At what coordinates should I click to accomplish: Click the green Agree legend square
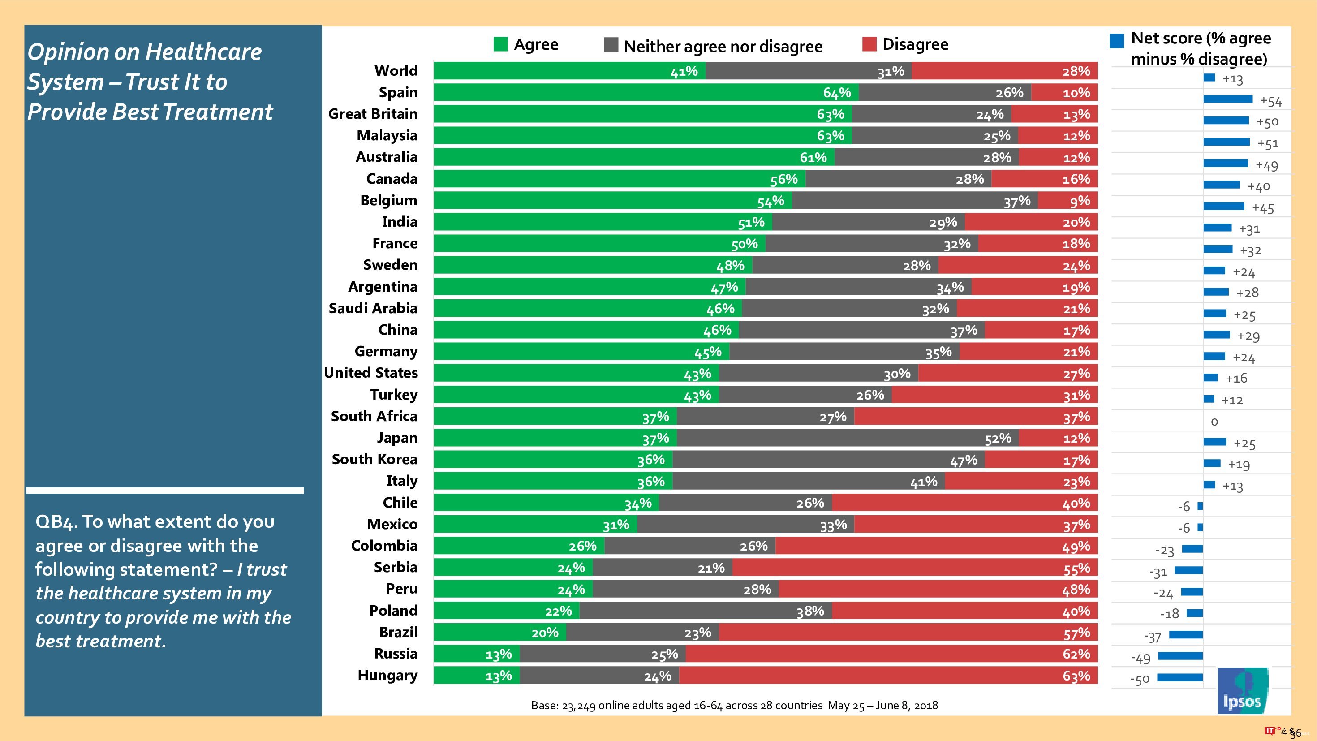pyautogui.click(x=500, y=44)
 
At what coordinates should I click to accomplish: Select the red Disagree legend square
pyautogui.click(x=869, y=44)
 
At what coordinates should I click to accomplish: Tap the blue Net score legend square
pyautogui.click(x=1117, y=41)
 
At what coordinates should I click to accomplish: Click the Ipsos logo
pyautogui.click(x=1242, y=690)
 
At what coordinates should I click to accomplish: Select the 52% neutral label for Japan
pyautogui.click(x=998, y=438)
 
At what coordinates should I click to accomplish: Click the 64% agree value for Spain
pyautogui.click(x=836, y=93)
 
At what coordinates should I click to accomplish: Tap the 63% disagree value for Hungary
pyautogui.click(x=1076, y=676)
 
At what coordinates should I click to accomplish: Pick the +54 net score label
pyautogui.click(x=1271, y=101)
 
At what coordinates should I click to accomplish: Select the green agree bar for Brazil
pyautogui.click(x=499, y=633)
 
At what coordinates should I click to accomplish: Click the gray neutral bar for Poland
pyautogui.click(x=706, y=611)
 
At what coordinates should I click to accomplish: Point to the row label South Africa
pyautogui.click(x=374, y=416)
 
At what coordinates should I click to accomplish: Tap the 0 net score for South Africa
pyautogui.click(x=1214, y=422)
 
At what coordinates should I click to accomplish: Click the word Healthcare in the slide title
pyautogui.click(x=203, y=52)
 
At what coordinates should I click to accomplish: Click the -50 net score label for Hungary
pyautogui.click(x=1140, y=680)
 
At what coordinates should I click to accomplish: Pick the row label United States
pyautogui.click(x=371, y=373)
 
